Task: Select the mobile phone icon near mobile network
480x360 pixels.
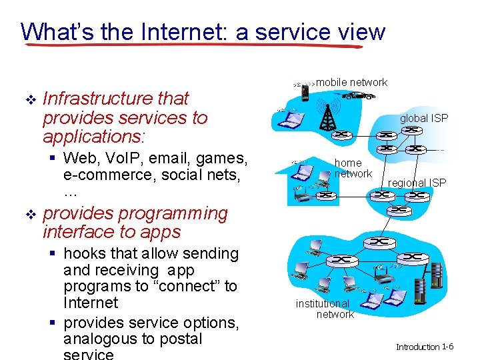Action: [x=305, y=92]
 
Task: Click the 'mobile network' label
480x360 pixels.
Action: [x=351, y=83]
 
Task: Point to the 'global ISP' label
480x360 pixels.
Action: [x=424, y=118]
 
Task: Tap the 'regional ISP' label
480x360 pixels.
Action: [x=417, y=183]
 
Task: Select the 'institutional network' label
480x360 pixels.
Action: [x=323, y=309]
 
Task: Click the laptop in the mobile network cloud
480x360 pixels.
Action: [x=290, y=119]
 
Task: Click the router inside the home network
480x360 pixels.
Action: [x=326, y=195]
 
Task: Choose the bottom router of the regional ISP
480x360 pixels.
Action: [x=401, y=209]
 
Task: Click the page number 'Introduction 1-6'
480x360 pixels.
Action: [x=425, y=347]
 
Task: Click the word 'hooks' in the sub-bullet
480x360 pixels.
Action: [x=83, y=254]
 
